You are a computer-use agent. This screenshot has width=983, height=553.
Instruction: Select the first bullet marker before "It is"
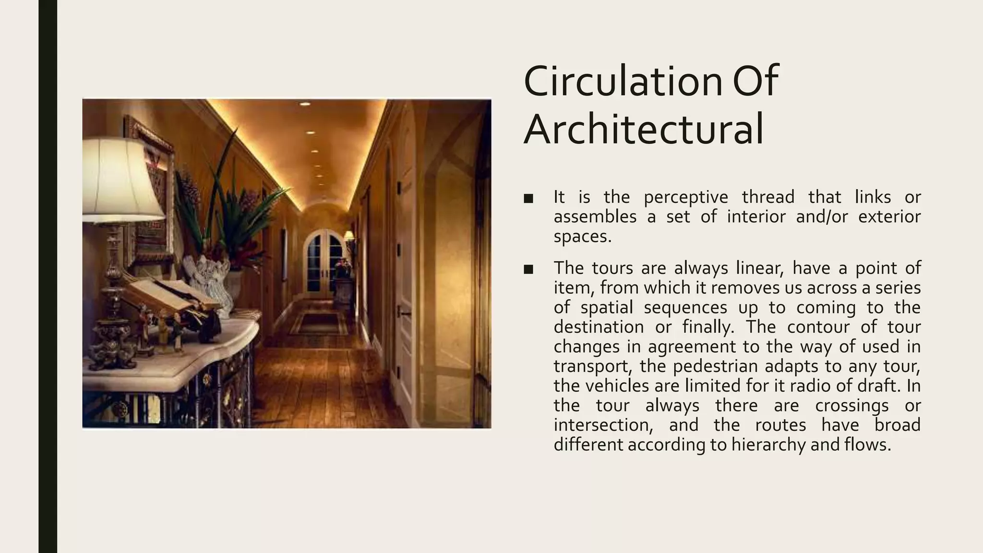[x=528, y=199]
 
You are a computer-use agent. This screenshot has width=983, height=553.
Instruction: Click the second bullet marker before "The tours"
[x=528, y=269]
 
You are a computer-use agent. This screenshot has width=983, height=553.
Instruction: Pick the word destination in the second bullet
[x=599, y=327]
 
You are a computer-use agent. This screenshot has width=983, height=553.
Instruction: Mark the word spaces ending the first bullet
[x=582, y=237]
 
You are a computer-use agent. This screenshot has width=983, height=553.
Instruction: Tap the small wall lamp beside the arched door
[x=349, y=236]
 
